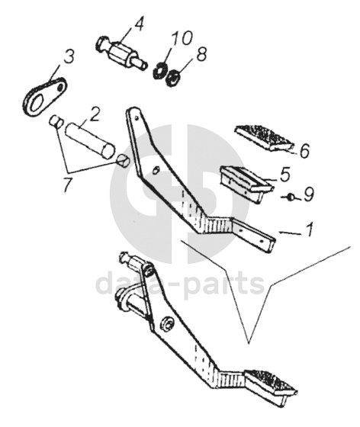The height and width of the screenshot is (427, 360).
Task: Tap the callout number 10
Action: (x=182, y=38)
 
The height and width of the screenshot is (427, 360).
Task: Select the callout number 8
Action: (x=201, y=54)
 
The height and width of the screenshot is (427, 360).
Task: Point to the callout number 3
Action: (x=69, y=56)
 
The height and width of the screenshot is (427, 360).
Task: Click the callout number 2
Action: (x=95, y=114)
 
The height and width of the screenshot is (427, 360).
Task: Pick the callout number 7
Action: (x=68, y=185)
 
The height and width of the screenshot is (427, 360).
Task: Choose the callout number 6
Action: (x=305, y=151)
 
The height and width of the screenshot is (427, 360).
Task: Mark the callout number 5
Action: (x=285, y=175)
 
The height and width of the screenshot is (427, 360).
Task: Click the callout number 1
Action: (x=309, y=229)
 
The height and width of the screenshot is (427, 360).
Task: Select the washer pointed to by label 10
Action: (x=158, y=70)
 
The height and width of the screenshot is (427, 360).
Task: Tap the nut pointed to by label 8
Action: (x=172, y=77)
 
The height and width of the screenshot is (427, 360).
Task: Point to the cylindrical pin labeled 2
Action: (x=90, y=140)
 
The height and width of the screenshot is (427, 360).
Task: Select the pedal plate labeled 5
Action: (x=246, y=183)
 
